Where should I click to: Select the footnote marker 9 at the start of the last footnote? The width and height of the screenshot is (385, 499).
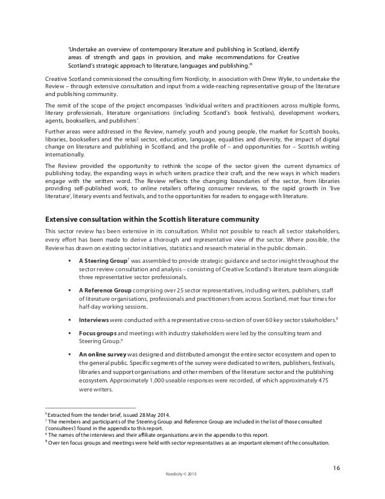[x=47, y=441]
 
